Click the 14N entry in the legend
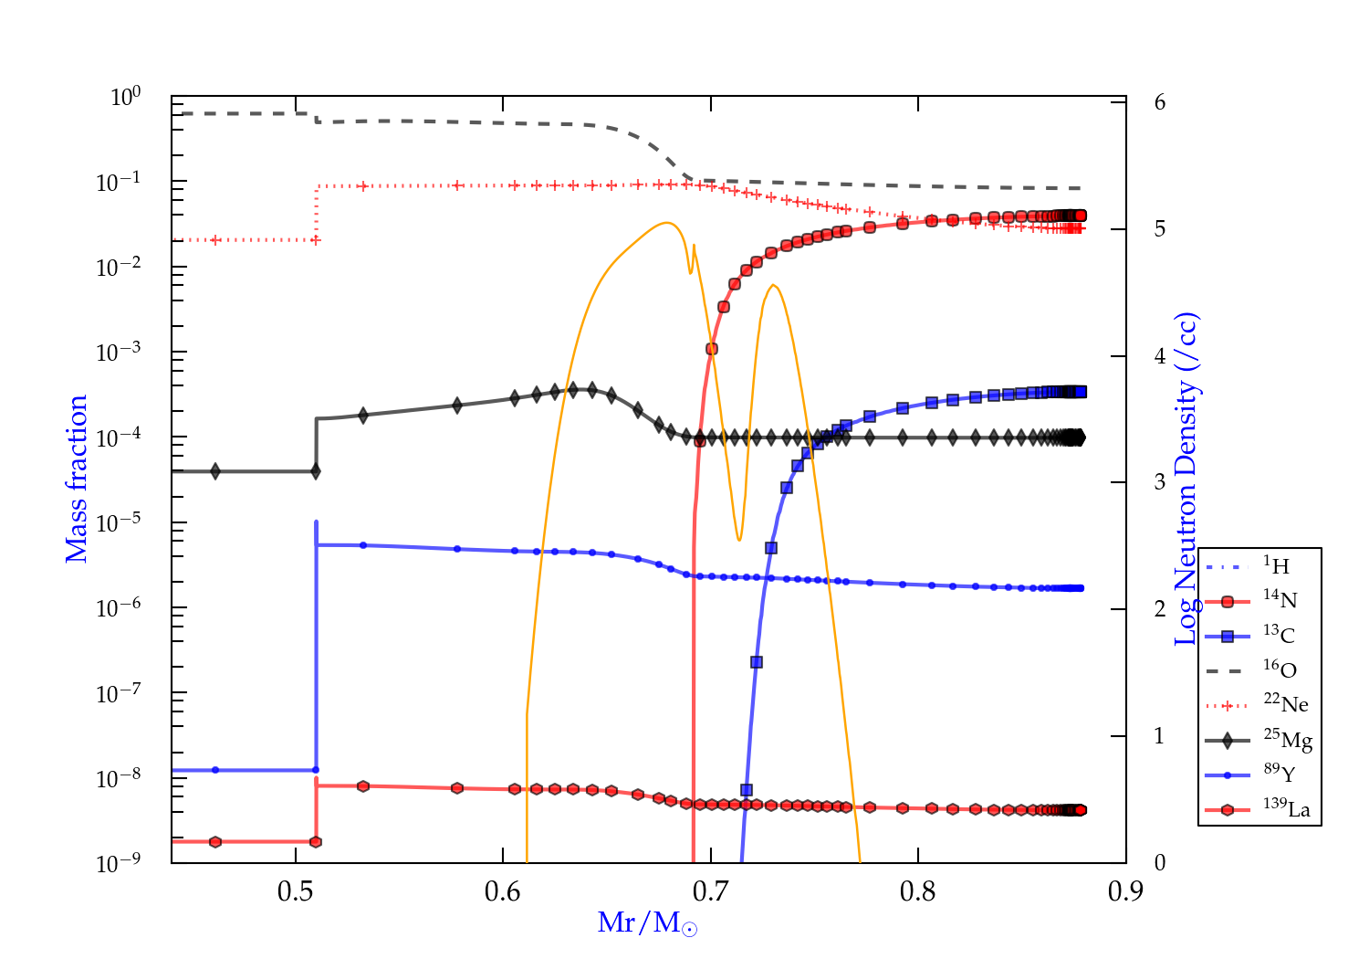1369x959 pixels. [x=1280, y=600]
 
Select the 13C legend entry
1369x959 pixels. [x=1280, y=635]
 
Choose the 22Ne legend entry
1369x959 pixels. [x=1286, y=704]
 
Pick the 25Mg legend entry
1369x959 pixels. [x=1288, y=739]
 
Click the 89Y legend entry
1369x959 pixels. [x=1280, y=775]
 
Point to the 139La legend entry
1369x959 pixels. [x=1287, y=809]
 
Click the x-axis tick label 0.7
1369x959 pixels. [x=710, y=891]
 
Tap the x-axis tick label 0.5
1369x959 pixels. [x=296, y=891]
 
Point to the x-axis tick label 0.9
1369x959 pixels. [x=1125, y=891]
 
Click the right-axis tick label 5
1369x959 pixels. [x=1160, y=228]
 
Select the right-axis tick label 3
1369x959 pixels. [x=1160, y=482]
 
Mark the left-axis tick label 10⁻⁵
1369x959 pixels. [x=119, y=522]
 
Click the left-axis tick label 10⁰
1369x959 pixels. [x=126, y=96]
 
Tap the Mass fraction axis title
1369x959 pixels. [x=77, y=479]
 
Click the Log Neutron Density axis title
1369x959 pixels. [x=1186, y=479]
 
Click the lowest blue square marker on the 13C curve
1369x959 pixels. [x=747, y=790]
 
